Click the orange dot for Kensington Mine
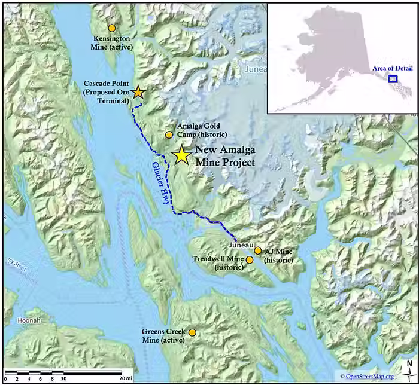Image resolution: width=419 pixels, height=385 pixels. pyautogui.click(x=111, y=28)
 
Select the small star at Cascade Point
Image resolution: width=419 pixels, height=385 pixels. pyautogui.click(x=138, y=91)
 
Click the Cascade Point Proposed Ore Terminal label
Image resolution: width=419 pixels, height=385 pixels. pyautogui.click(x=107, y=92)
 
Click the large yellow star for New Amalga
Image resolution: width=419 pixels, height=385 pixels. pyautogui.click(x=181, y=155)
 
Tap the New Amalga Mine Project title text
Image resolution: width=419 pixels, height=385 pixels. pyautogui.click(x=225, y=157)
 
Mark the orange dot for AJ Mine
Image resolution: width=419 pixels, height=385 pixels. pyautogui.click(x=258, y=251)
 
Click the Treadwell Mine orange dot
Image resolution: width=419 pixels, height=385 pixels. pyautogui.click(x=250, y=260)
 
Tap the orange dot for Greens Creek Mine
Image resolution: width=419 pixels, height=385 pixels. pyautogui.click(x=192, y=332)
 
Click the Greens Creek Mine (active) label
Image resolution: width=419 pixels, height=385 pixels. pyautogui.click(x=163, y=336)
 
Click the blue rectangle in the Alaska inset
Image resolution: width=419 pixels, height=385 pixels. pyautogui.click(x=393, y=78)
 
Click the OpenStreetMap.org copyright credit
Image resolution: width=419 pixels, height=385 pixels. pyautogui.click(x=367, y=376)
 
